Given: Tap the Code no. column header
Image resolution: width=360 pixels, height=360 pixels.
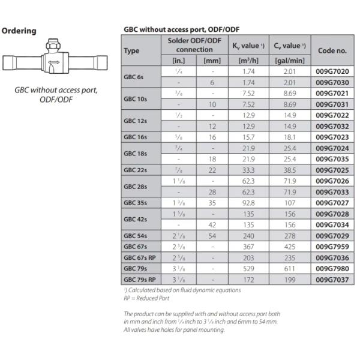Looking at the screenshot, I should [332, 50].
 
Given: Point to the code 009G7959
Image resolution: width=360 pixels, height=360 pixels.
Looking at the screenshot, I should [332, 246].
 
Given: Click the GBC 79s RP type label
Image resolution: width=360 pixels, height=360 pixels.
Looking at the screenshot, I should [139, 279].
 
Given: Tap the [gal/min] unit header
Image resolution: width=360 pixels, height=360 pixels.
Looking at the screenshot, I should [290, 61].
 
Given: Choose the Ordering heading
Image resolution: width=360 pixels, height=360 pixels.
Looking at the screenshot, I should [20, 31].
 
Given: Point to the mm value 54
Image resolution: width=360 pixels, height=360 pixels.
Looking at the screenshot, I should [212, 235].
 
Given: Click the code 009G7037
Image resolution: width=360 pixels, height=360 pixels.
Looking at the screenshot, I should [332, 279].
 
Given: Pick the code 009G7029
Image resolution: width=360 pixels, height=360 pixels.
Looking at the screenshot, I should [332, 235].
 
